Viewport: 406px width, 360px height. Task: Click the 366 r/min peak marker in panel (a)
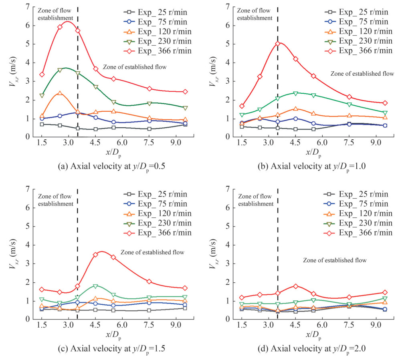[x=60, y=27]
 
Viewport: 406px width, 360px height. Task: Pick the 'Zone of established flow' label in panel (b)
[x=362, y=73]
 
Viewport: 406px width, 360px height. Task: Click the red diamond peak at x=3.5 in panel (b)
[x=277, y=44]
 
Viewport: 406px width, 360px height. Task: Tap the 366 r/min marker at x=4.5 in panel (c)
[x=95, y=255]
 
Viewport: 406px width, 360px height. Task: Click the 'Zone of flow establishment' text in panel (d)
[x=255, y=200]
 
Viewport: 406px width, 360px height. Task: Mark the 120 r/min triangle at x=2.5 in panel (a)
[x=60, y=93]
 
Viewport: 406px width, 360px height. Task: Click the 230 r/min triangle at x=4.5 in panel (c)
[x=95, y=286]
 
